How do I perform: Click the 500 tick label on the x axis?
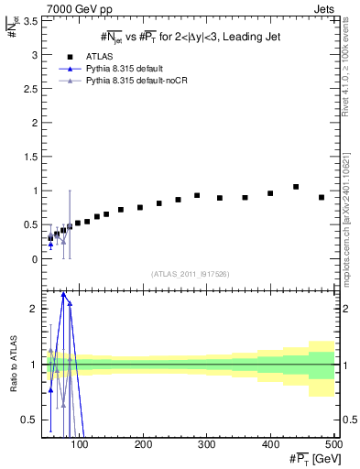[333, 444]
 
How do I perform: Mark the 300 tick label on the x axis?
[206, 444]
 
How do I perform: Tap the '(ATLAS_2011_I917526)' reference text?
[189, 273]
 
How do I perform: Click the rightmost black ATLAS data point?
[322, 198]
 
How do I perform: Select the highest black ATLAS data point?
[296, 187]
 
